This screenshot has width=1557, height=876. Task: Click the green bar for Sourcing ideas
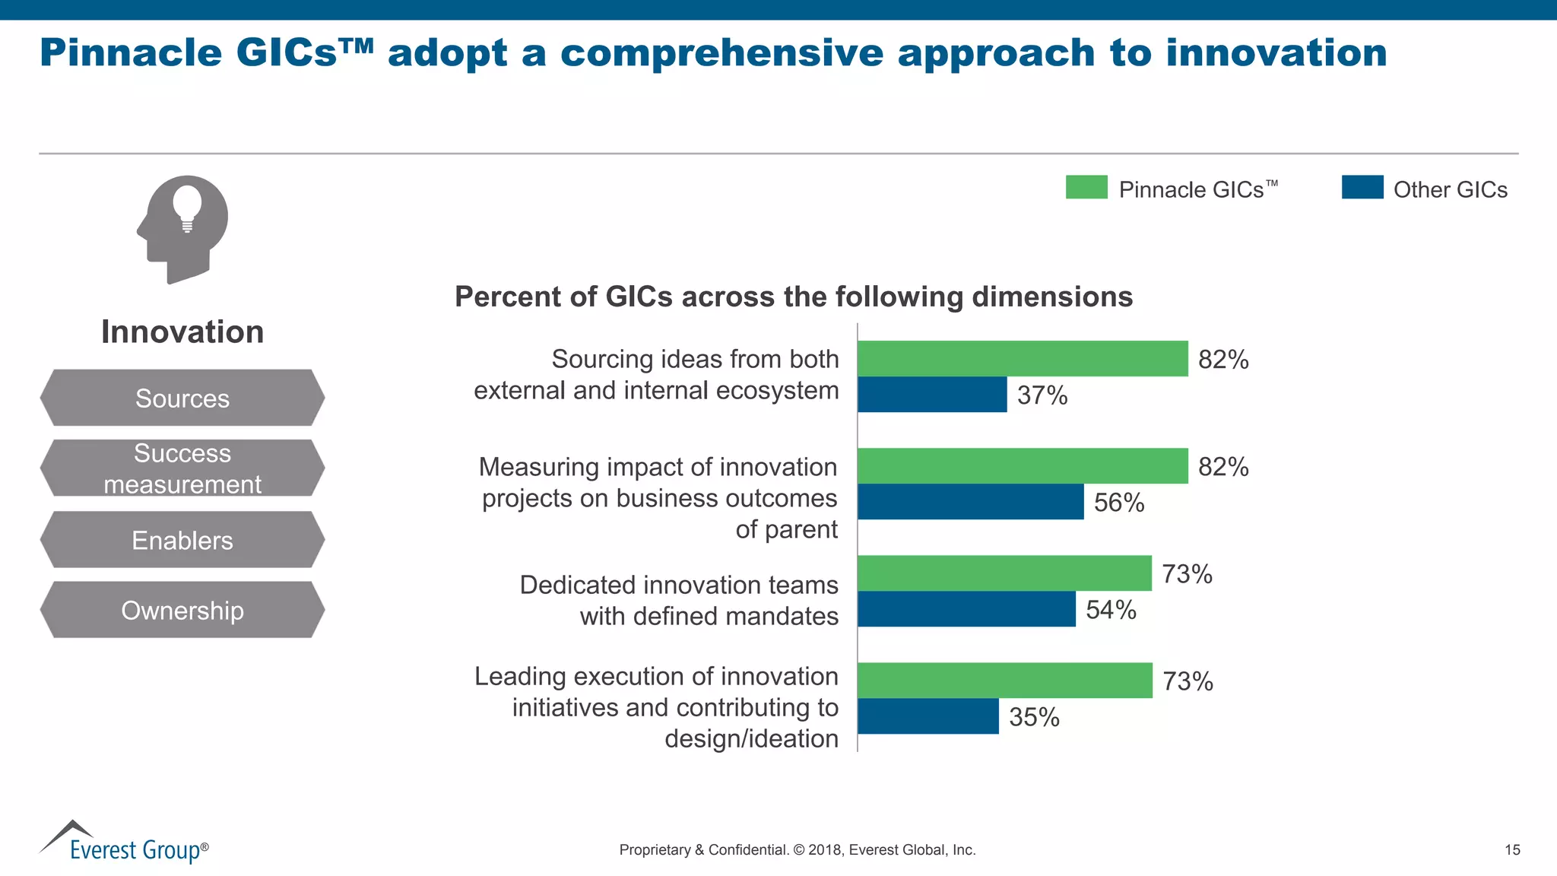(1023, 358)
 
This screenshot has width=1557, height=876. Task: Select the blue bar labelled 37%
(932, 395)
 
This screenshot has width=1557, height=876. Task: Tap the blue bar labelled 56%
(970, 502)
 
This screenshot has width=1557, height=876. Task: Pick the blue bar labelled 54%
(966, 609)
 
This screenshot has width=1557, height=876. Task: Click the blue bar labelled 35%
(928, 716)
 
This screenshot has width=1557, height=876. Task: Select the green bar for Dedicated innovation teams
(1004, 573)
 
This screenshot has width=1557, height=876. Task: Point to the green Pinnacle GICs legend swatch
(1086, 187)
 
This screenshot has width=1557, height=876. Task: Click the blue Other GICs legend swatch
(1362, 187)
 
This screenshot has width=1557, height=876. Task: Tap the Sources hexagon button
(182, 398)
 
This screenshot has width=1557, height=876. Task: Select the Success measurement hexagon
(182, 468)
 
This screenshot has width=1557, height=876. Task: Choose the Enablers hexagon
(182, 540)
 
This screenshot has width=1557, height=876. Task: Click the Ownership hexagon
(182, 610)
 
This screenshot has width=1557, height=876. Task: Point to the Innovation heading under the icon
(182, 332)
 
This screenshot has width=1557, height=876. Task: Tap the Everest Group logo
(124, 843)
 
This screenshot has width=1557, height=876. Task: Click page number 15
(1512, 850)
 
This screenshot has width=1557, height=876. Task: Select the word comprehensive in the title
(721, 53)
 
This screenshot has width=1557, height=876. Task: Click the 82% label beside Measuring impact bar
(1223, 466)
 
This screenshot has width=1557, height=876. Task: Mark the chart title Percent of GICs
(793, 297)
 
